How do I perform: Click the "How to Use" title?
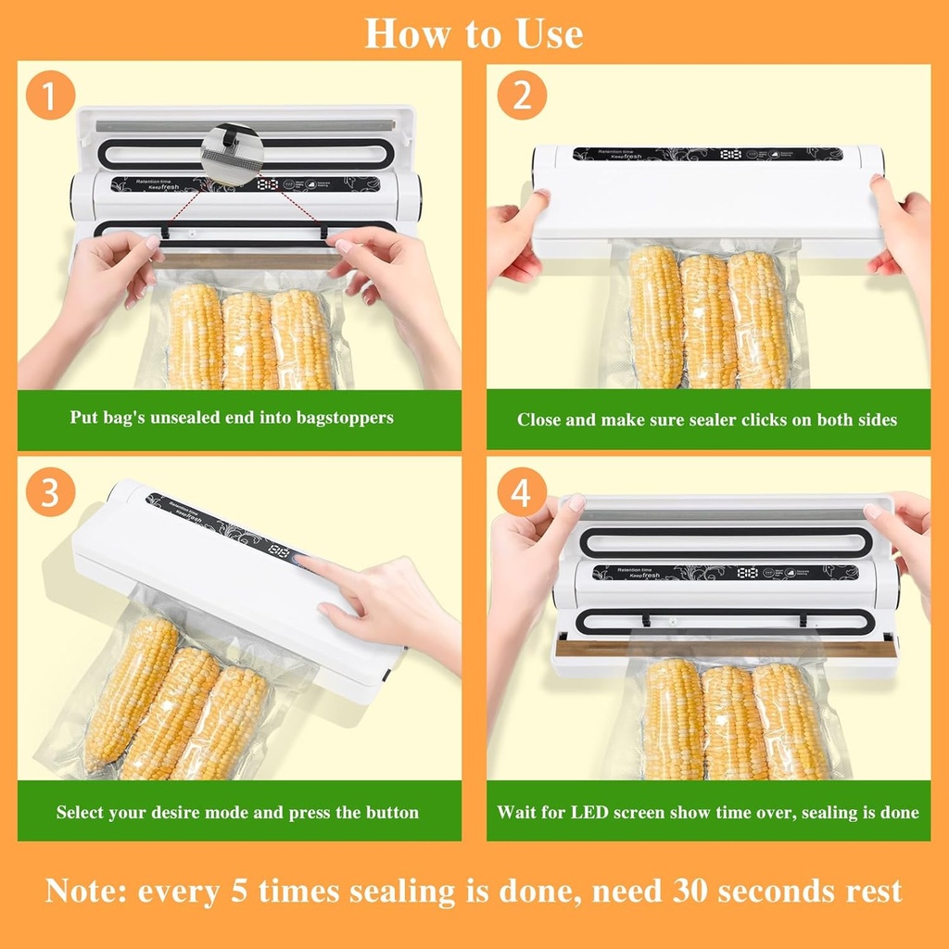[x=474, y=34]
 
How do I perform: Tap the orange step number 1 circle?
[x=50, y=96]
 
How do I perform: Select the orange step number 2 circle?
[x=523, y=96]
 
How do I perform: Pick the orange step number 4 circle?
[x=522, y=493]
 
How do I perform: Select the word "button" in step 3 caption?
[x=390, y=813]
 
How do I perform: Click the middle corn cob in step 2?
[x=709, y=320]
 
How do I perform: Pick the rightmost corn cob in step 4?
[x=791, y=721]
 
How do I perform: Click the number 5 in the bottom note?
[x=239, y=892]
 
